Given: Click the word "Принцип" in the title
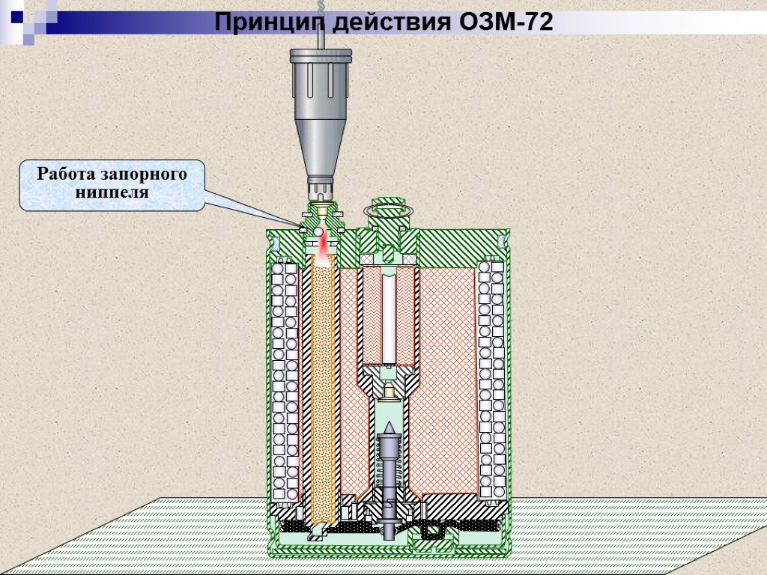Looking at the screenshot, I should [x=261, y=23].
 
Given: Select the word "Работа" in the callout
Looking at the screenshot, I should [x=65, y=175].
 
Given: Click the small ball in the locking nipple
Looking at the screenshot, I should [x=318, y=233].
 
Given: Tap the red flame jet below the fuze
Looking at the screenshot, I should [x=323, y=251].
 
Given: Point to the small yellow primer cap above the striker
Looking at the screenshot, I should [x=389, y=391].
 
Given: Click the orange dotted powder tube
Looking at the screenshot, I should [x=323, y=389].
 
